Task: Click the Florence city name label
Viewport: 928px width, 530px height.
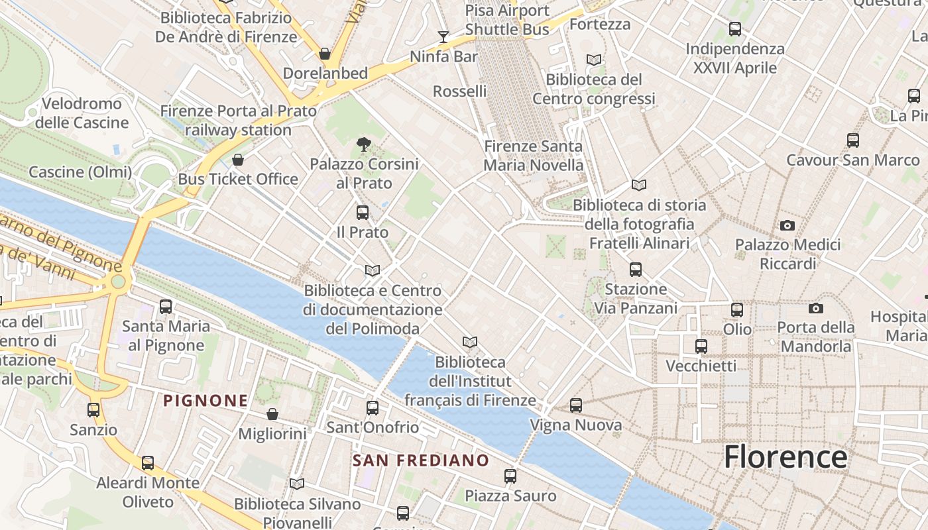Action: click(x=785, y=457)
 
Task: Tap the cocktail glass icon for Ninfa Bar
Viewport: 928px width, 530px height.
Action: click(x=443, y=36)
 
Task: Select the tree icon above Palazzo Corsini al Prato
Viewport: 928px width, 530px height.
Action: click(x=363, y=143)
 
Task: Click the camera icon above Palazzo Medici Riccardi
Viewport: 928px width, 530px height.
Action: click(x=787, y=225)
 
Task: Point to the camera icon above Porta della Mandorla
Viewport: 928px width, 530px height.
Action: click(x=816, y=308)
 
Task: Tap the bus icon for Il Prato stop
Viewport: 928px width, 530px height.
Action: click(x=362, y=213)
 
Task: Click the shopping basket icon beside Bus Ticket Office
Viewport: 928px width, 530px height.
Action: click(x=238, y=160)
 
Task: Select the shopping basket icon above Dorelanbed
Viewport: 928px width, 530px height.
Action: click(x=325, y=53)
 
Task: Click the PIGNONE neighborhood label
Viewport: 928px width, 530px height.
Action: click(x=205, y=400)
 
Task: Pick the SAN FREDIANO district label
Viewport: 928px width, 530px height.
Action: click(x=421, y=460)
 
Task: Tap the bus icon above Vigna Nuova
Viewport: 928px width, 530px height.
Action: click(x=576, y=405)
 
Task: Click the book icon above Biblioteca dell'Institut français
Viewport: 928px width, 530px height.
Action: click(x=470, y=342)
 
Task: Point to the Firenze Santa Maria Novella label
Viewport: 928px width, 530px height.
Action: click(x=534, y=156)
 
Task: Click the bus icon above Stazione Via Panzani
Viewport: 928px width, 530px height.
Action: click(x=636, y=270)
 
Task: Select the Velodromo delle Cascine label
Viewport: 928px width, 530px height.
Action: click(x=82, y=113)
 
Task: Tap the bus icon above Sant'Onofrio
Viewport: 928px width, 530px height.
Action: click(x=373, y=407)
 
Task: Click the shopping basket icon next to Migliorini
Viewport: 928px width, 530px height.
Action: click(x=272, y=414)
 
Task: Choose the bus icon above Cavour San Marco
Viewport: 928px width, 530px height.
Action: click(x=853, y=140)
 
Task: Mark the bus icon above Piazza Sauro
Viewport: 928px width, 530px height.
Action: click(x=510, y=476)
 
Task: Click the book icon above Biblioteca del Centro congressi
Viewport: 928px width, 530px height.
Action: click(x=594, y=60)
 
